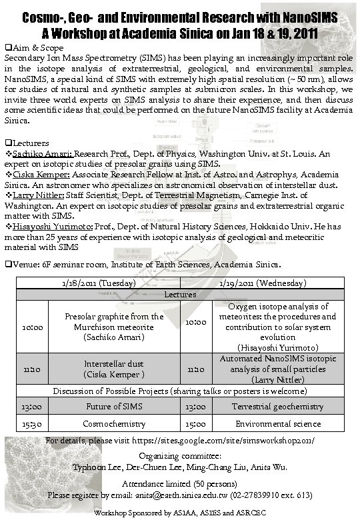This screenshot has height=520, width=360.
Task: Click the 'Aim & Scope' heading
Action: pos(37,48)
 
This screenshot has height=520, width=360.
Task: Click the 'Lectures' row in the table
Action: pos(180,294)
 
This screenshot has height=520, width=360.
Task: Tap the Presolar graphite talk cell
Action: pos(114,327)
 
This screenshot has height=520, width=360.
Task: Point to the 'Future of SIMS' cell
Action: pos(114,405)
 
